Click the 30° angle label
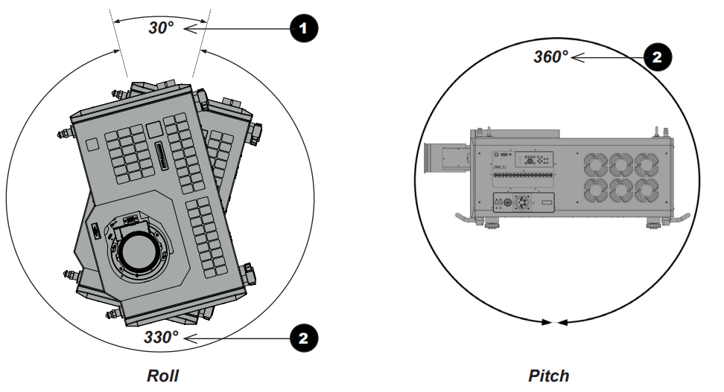(x=160, y=28)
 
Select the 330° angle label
(x=161, y=337)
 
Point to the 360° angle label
(x=550, y=57)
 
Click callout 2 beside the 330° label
(x=302, y=338)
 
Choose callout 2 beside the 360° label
(x=656, y=57)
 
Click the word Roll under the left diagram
(x=162, y=376)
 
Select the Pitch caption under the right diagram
(x=549, y=376)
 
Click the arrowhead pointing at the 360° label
(x=576, y=57)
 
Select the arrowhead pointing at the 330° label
(x=191, y=338)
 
